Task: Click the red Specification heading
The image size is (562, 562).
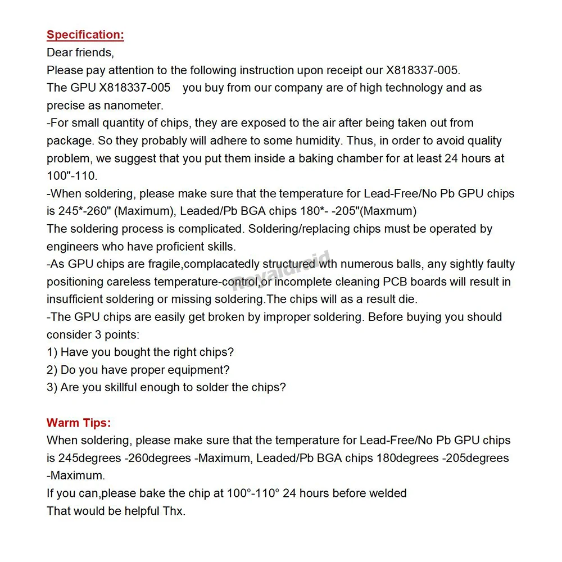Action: coord(85,35)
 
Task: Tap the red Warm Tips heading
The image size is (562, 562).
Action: coord(79,423)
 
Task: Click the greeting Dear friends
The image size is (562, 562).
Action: coord(80,53)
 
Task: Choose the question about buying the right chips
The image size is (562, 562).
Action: coord(140,352)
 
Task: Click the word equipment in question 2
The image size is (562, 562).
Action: coord(198,370)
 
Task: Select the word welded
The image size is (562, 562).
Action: coord(389,493)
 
